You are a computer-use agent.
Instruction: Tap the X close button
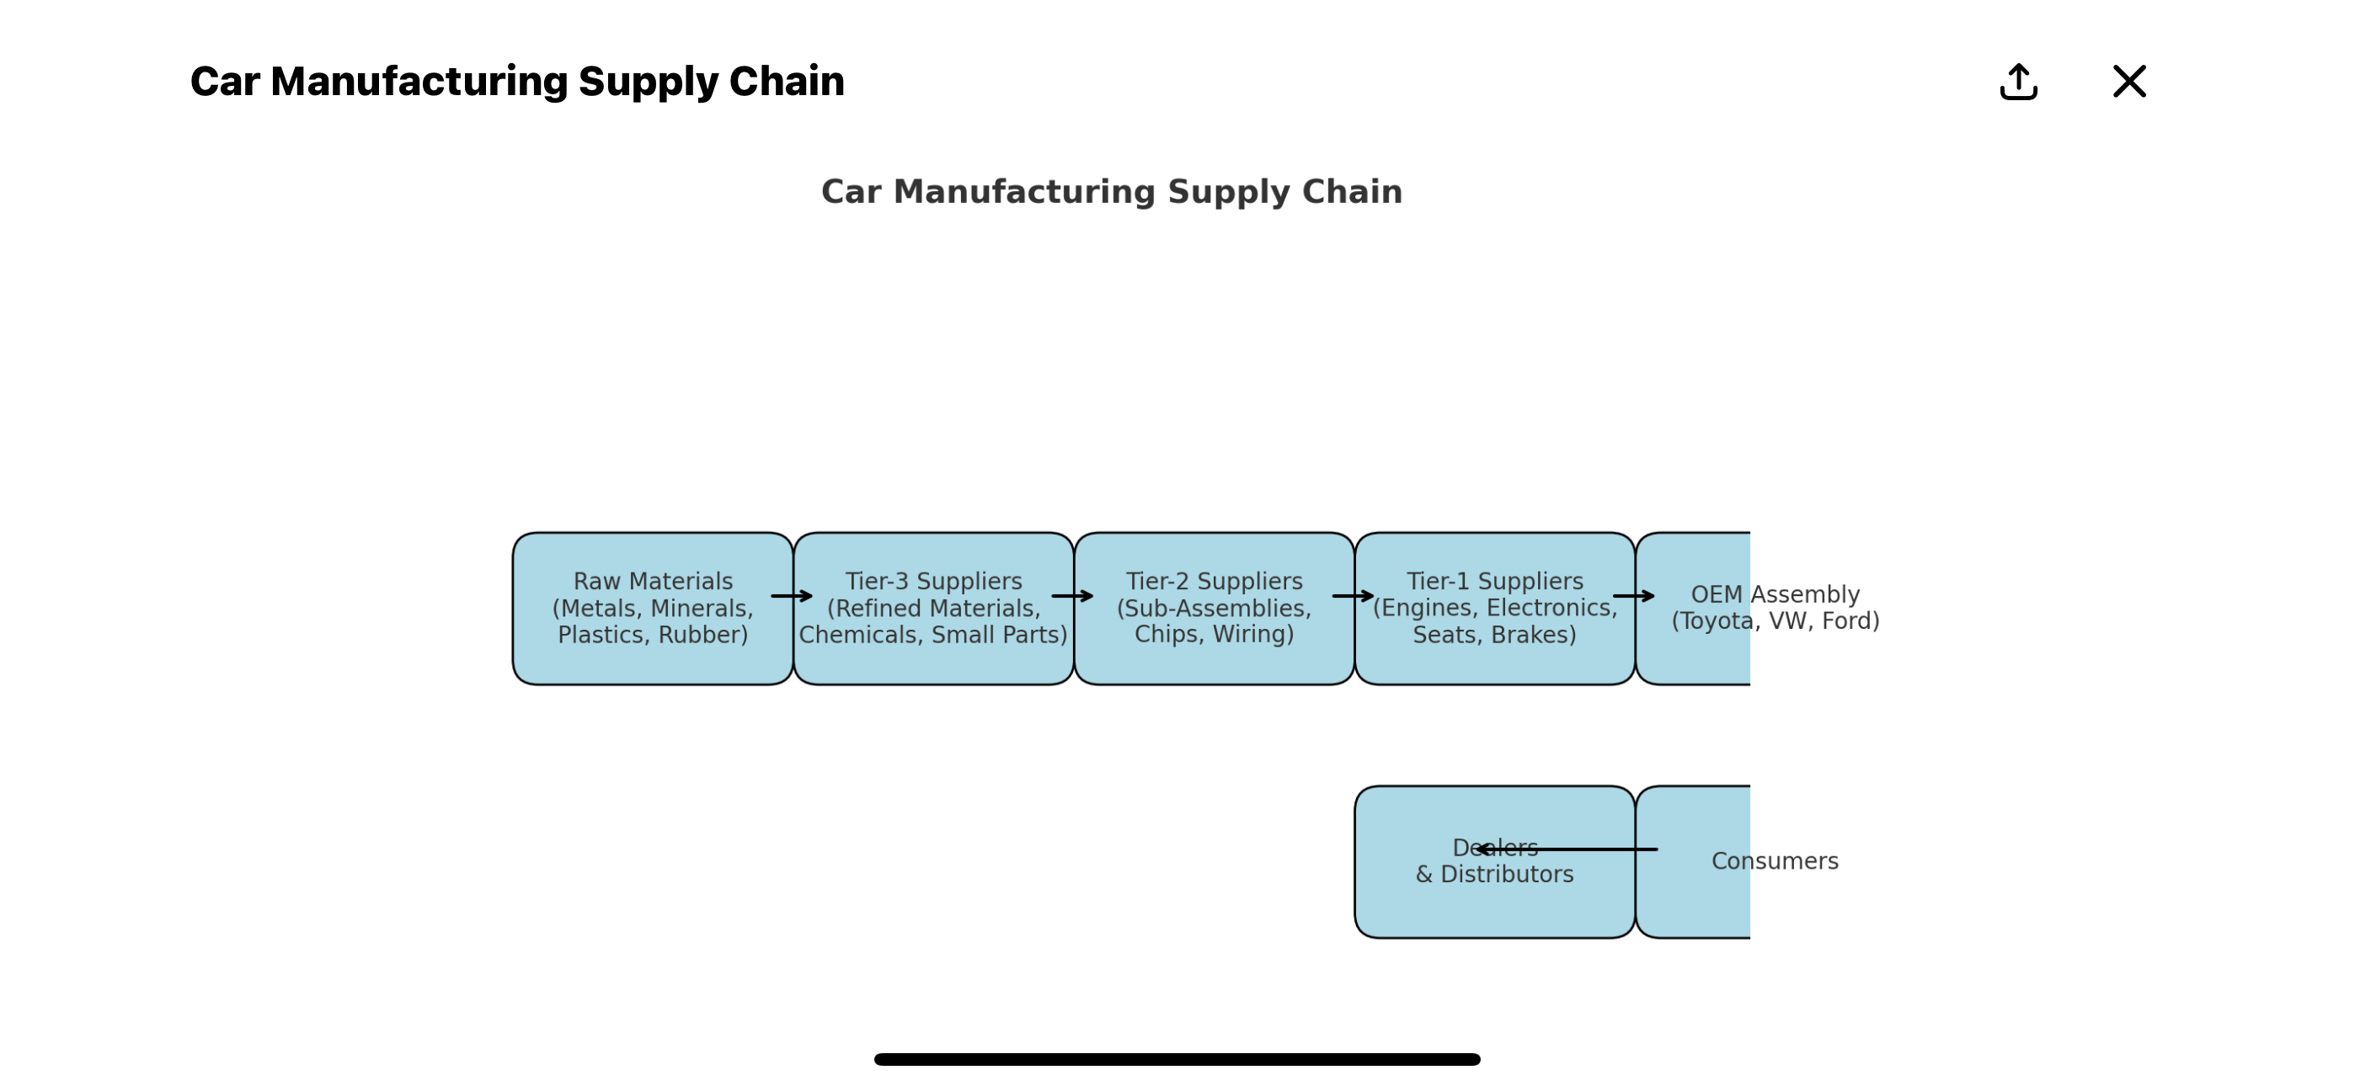pyautogui.click(x=2128, y=82)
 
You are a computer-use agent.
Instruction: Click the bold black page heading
pyautogui.click(x=516, y=82)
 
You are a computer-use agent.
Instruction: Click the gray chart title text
pyautogui.click(x=1111, y=192)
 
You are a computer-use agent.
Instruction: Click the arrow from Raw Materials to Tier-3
pyautogui.click(x=792, y=596)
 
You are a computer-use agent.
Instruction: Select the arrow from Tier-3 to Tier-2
pyautogui.click(x=1072, y=596)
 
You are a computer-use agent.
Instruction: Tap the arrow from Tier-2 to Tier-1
pyautogui.click(x=1353, y=596)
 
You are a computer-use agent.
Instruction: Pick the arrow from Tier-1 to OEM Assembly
pyautogui.click(x=1634, y=596)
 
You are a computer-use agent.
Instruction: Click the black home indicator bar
pyautogui.click(x=1177, y=1060)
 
